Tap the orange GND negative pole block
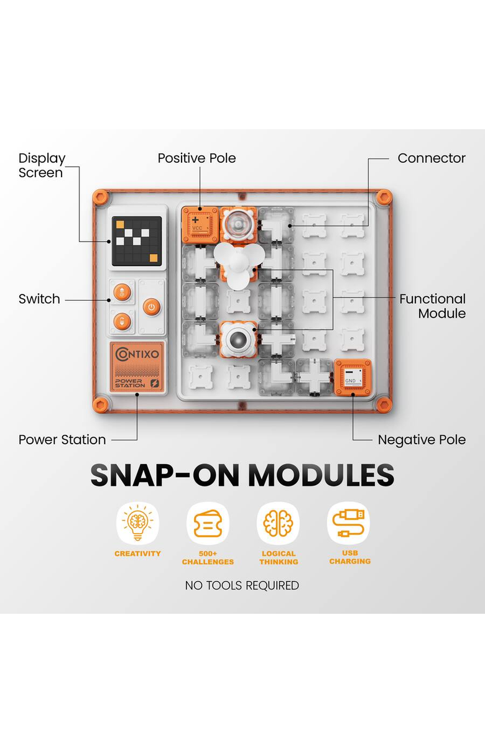coord(353,377)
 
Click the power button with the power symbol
coord(152,307)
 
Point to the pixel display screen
coord(137,241)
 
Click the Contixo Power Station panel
coord(137,367)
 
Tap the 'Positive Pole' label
coord(196,158)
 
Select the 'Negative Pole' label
coord(422,440)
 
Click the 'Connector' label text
coord(432,158)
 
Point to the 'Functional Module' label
coord(432,306)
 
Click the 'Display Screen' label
coord(42,165)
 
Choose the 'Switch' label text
coord(39,299)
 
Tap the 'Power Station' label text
coord(62,440)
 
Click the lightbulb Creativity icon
coord(137,522)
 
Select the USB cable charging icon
coord(348,522)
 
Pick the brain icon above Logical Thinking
coord(279,522)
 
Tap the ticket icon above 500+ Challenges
coord(208,522)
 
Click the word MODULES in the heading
coord(321,475)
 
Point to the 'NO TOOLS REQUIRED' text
coord(242,586)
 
